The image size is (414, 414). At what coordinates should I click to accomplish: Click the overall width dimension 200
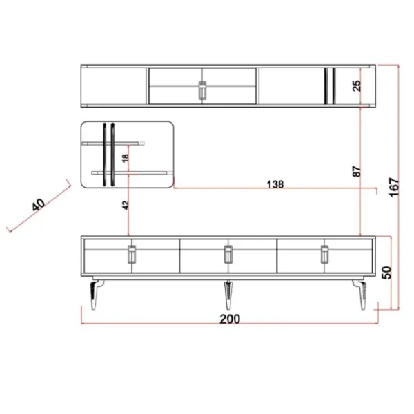(x=230, y=319)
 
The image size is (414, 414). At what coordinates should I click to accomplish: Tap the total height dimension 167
(x=394, y=187)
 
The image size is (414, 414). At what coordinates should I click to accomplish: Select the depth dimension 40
(x=39, y=205)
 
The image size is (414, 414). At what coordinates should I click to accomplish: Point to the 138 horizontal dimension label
(x=275, y=184)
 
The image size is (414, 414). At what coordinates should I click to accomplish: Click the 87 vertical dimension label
(x=357, y=171)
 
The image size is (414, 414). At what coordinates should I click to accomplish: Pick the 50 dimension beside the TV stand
(x=386, y=273)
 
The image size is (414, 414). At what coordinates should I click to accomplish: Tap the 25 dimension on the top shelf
(x=357, y=86)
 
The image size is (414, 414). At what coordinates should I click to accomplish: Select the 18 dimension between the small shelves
(x=126, y=158)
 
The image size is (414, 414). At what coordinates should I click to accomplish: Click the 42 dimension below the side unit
(x=126, y=206)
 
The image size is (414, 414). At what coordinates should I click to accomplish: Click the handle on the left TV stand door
(x=132, y=254)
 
